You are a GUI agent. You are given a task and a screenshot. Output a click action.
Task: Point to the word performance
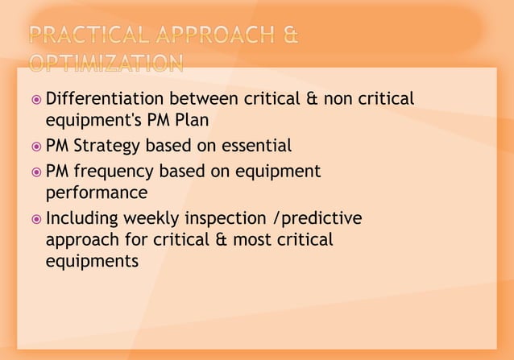pyautogui.click(x=97, y=193)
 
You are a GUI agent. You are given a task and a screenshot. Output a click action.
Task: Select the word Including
pyautogui.click(x=83, y=218)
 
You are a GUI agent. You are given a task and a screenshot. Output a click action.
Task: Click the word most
pyautogui.click(x=249, y=240)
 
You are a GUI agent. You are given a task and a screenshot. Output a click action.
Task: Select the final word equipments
pyautogui.click(x=92, y=263)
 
